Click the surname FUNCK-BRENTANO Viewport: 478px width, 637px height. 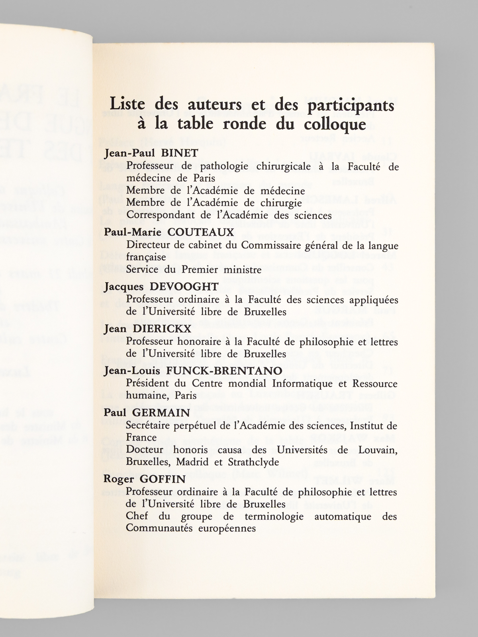click(x=224, y=371)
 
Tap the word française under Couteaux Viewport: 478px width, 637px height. click(x=146, y=257)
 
